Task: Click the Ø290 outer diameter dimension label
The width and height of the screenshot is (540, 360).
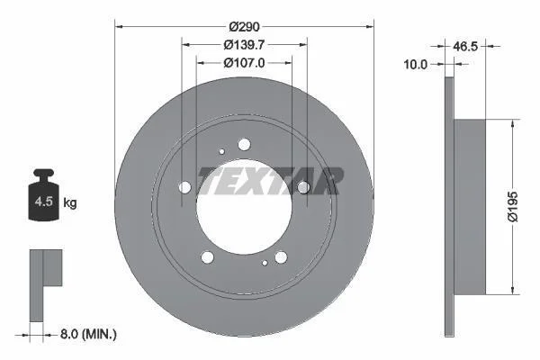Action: click(x=244, y=26)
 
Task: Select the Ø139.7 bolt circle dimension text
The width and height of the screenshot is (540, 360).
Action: click(x=244, y=45)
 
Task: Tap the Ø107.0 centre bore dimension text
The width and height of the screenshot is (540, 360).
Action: click(x=244, y=63)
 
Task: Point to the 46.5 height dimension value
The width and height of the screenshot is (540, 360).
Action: click(x=465, y=46)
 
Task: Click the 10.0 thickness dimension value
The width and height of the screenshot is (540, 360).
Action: click(x=415, y=64)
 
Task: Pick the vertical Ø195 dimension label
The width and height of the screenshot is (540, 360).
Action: click(x=513, y=207)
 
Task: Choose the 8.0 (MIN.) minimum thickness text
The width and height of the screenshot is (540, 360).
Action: click(x=88, y=334)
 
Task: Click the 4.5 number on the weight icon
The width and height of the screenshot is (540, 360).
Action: click(x=44, y=202)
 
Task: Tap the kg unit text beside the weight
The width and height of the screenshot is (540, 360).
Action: click(x=70, y=203)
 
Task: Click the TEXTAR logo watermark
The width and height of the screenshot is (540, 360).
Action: click(x=271, y=181)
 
